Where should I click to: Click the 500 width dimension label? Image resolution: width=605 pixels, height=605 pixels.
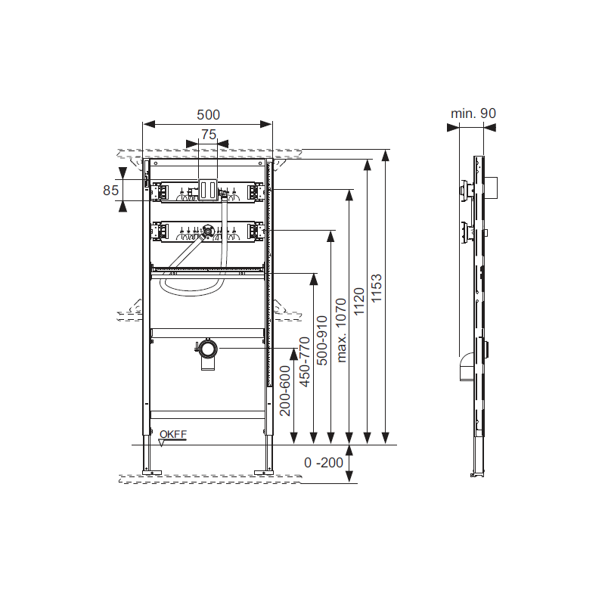209,115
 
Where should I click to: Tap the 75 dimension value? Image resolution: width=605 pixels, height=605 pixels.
209,135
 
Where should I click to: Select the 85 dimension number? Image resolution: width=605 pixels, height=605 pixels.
110,191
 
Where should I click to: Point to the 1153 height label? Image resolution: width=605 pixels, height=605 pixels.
376,288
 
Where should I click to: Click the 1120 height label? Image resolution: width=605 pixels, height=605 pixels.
358,301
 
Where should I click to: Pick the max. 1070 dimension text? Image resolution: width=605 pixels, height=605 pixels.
342,330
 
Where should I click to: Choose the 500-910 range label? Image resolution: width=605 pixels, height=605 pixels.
322,340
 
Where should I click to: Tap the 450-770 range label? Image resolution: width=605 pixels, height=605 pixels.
305,362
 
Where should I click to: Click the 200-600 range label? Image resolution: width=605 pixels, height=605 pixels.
285,391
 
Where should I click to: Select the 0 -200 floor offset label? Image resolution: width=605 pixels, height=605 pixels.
324,462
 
